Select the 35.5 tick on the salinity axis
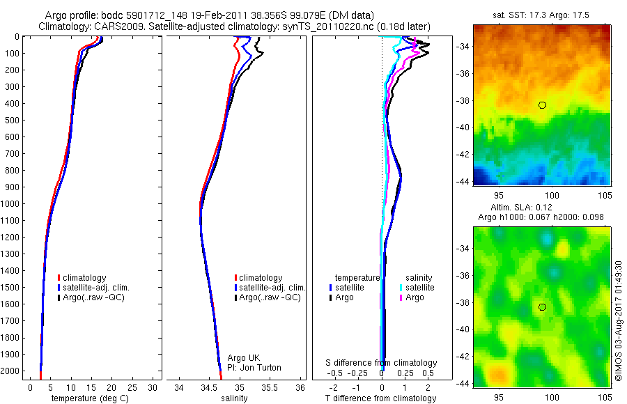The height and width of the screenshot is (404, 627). (270, 387)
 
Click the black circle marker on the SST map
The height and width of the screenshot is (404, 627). (542, 105)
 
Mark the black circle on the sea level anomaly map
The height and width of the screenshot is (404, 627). (542, 307)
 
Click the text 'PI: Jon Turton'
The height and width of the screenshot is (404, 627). (255, 368)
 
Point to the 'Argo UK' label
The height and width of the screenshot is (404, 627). (244, 358)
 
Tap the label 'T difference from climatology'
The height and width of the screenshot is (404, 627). (382, 398)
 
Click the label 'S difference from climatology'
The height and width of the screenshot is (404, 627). (382, 363)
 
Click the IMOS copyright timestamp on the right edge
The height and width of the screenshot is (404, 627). (619, 320)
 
